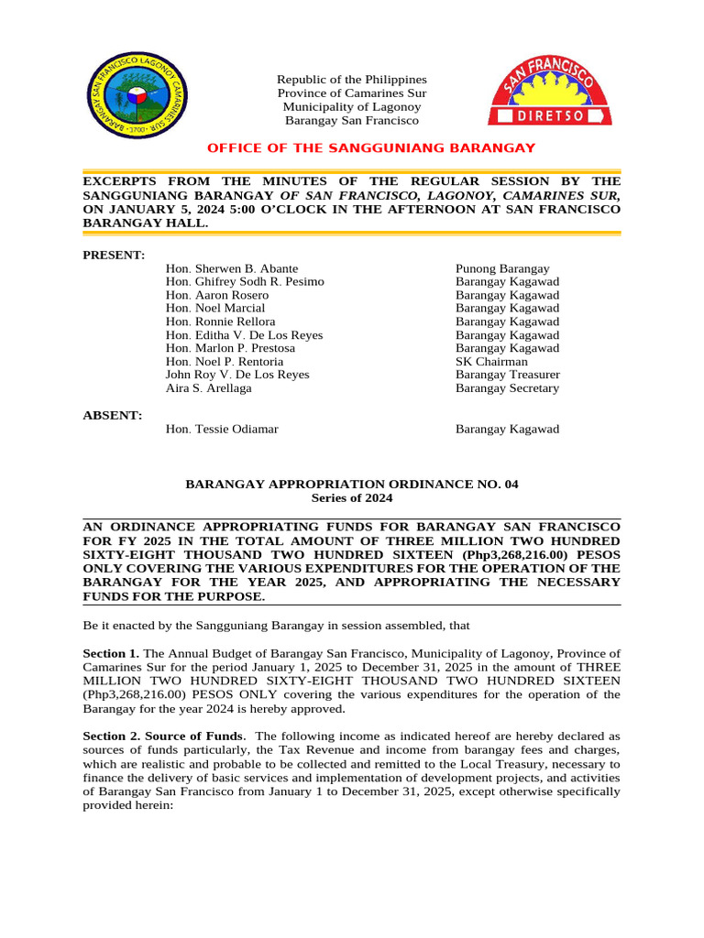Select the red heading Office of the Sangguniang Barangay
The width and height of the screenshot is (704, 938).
(x=371, y=148)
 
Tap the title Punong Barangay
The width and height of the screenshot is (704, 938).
(x=502, y=269)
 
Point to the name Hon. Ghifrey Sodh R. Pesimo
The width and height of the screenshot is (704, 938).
(x=245, y=282)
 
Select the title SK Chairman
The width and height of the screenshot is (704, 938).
(x=491, y=362)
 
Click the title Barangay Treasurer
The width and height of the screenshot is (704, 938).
(x=508, y=375)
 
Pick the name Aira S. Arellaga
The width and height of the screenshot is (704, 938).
(x=210, y=388)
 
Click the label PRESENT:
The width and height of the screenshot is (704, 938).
(x=114, y=254)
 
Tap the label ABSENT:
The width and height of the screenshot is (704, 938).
(x=113, y=415)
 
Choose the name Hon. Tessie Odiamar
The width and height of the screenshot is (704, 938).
(x=222, y=430)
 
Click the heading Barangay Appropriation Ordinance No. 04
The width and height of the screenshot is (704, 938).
(x=352, y=484)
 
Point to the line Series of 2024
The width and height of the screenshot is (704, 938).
(x=352, y=498)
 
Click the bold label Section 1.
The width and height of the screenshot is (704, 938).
(x=111, y=653)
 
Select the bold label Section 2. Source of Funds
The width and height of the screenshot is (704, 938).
(x=164, y=736)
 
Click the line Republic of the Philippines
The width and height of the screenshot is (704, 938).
(x=352, y=80)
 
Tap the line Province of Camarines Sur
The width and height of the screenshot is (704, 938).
(x=352, y=93)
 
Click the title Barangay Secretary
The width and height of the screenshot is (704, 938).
(x=507, y=388)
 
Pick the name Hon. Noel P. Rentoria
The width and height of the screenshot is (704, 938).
(x=225, y=362)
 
